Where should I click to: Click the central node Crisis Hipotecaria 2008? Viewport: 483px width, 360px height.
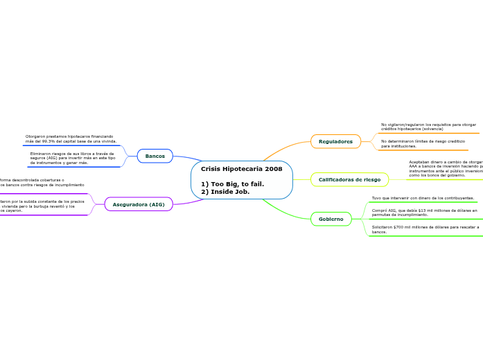tap(241, 169)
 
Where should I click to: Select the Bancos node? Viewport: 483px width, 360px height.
tap(155, 156)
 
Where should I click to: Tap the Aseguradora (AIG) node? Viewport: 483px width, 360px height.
tap(139, 204)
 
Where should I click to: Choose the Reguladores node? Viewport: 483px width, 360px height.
tap(335, 141)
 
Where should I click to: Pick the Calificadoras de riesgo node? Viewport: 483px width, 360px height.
tap(349, 179)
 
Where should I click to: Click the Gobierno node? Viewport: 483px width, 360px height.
tap(331, 219)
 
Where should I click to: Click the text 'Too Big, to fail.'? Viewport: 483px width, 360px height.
tap(237, 184)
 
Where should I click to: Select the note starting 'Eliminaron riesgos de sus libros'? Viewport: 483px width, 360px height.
tap(72, 158)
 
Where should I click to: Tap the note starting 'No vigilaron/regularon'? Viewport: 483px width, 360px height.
tap(428, 127)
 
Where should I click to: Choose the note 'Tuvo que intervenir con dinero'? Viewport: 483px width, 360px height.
tap(423, 198)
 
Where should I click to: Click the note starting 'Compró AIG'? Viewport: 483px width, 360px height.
tap(424, 212)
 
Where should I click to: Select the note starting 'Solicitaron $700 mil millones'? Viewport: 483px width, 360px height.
tap(425, 229)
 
